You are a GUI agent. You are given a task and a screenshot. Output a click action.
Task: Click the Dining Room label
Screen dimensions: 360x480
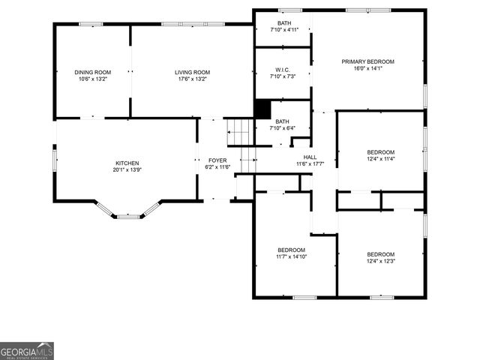pyautogui.click(x=93, y=72)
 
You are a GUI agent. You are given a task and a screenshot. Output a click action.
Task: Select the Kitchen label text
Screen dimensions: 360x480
pyautogui.click(x=127, y=163)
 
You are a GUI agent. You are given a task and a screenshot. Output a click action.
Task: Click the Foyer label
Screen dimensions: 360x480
pyautogui.click(x=217, y=160)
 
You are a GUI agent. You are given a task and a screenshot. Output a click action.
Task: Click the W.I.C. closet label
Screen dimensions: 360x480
pyautogui.click(x=282, y=69)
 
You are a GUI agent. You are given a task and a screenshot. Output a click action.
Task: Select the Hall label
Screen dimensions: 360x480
pyautogui.click(x=310, y=157)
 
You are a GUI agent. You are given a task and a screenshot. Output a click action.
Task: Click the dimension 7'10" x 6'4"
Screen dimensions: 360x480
pyautogui.click(x=282, y=128)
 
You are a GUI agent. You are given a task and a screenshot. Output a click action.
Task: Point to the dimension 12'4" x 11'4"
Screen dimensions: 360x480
pyautogui.click(x=381, y=158)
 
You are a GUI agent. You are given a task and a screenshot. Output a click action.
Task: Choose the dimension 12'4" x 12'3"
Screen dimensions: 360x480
pyautogui.click(x=381, y=261)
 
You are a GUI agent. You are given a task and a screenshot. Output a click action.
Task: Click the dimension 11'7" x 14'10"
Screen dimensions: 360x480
pyautogui.click(x=292, y=256)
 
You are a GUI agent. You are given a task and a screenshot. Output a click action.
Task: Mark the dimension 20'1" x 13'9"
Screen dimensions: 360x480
pyautogui.click(x=127, y=169)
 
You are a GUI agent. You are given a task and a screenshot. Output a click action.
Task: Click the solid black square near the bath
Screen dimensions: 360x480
pyautogui.click(x=262, y=109)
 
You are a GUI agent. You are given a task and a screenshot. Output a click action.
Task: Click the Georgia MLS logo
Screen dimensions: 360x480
pyautogui.click(x=27, y=351)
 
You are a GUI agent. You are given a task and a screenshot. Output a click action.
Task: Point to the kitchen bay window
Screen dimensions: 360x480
pyautogui.click(x=129, y=214)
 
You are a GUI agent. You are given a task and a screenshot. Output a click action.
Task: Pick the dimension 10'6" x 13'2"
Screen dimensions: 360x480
pyautogui.click(x=93, y=79)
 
